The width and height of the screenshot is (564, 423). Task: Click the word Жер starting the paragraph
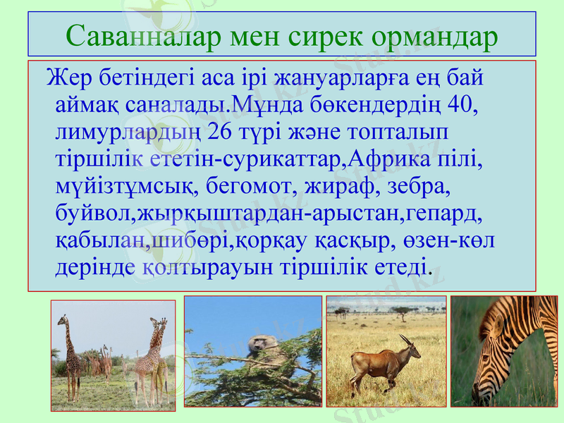click(x=65, y=78)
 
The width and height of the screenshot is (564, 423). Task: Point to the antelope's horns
click(x=407, y=340)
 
